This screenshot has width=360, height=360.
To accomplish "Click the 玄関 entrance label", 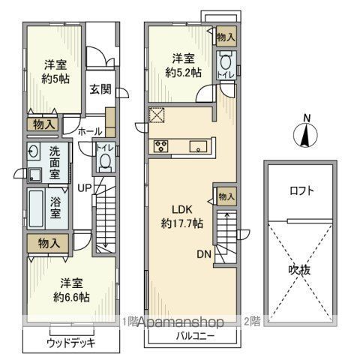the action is click(x=100, y=89).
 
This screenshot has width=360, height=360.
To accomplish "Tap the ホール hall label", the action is click(x=90, y=131).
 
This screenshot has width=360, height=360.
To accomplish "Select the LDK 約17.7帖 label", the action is click(x=182, y=217).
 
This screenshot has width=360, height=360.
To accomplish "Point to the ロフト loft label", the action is click(x=301, y=191).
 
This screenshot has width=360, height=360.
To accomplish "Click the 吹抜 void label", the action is click(x=299, y=270).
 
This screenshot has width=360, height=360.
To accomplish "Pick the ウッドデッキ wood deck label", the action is click(x=71, y=343).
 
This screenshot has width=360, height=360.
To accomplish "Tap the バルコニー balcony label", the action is click(x=195, y=336).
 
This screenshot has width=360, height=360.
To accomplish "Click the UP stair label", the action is click(x=85, y=188).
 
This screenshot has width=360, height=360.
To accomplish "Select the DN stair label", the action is click(x=204, y=254).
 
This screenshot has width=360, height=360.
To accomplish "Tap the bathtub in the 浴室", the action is click(x=35, y=208).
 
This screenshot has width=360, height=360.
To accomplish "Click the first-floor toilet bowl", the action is click(x=105, y=163).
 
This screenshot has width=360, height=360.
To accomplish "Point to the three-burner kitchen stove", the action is click(x=160, y=146).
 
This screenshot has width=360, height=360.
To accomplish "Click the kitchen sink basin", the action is click(x=198, y=146).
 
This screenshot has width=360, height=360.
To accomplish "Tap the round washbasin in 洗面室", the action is click(x=33, y=151).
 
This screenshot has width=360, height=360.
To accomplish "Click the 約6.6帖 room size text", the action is click(x=71, y=298).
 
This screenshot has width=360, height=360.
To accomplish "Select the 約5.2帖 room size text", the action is click(x=183, y=73).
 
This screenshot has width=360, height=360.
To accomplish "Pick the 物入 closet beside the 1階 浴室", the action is click(x=48, y=243).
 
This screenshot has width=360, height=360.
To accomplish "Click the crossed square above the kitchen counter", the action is click(x=157, y=115).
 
